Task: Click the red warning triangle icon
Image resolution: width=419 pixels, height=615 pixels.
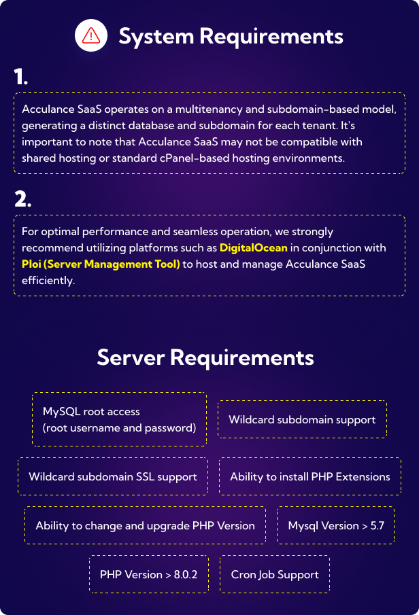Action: pyautogui.click(x=90, y=36)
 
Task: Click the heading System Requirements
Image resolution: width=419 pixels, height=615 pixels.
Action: pyautogui.click(x=231, y=36)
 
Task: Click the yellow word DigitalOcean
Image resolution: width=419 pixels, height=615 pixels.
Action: pyautogui.click(x=254, y=248)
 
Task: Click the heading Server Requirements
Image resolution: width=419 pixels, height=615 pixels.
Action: pyautogui.click(x=205, y=357)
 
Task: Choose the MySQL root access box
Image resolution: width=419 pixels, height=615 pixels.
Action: pyautogui.click(x=120, y=419)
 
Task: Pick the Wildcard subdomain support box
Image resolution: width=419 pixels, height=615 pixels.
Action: pyautogui.click(x=302, y=419)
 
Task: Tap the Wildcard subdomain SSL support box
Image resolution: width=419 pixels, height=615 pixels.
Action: pyautogui.click(x=113, y=476)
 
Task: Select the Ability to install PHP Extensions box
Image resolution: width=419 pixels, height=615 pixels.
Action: pyautogui.click(x=310, y=476)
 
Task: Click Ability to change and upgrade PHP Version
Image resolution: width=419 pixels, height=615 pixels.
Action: pyautogui.click(x=145, y=525)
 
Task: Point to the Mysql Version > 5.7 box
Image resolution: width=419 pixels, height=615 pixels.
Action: pyautogui.click(x=336, y=525)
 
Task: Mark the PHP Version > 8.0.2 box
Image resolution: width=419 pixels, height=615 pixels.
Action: pyautogui.click(x=148, y=574)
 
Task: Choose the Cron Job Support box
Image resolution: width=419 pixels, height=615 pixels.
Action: pyautogui.click(x=275, y=574)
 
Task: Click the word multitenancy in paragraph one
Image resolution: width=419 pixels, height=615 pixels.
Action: pyautogui.click(x=209, y=109)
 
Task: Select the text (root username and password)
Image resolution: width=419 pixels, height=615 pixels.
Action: pyautogui.click(x=119, y=428)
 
